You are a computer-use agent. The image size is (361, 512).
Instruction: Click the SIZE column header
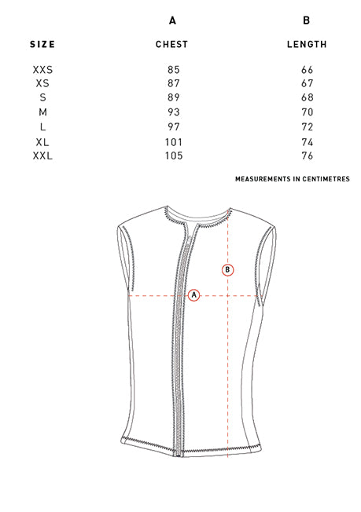tap(42, 45)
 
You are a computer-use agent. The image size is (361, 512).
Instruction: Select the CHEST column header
tap(172, 45)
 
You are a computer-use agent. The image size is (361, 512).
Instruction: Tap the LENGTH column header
tap(307, 45)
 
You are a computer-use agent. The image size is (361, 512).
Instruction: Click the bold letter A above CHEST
tap(172, 20)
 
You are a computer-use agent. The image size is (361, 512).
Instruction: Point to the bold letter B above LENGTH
tap(307, 20)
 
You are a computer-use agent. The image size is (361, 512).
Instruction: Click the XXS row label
tap(42, 70)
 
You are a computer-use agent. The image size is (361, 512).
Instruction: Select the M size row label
tap(42, 112)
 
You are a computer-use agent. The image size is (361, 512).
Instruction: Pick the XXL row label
tap(42, 155)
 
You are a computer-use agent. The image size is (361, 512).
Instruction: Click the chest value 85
tap(174, 70)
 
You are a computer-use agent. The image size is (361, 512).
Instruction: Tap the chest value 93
tap(174, 112)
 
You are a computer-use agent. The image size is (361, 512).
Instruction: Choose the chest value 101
tap(174, 142)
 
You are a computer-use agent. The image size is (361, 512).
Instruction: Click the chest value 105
tap(174, 155)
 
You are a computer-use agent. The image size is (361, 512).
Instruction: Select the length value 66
tap(307, 70)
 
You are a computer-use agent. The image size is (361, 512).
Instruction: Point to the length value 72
tap(307, 127)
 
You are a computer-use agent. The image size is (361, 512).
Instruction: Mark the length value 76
tap(307, 155)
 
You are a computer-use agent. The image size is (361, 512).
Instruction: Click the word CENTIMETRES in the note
tap(326, 179)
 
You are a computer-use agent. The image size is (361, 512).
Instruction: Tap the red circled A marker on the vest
tap(194, 295)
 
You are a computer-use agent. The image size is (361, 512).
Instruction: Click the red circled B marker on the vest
tap(228, 270)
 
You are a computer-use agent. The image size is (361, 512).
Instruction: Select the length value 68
tap(307, 97)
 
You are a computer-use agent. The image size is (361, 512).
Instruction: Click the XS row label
tap(42, 83)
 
